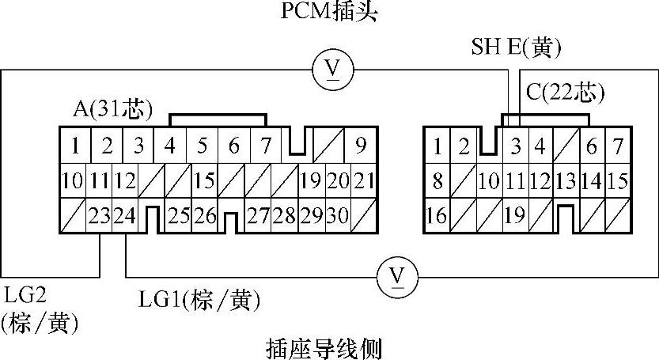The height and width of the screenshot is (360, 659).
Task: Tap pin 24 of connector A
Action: [125, 215]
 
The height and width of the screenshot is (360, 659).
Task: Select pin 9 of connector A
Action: [360, 146]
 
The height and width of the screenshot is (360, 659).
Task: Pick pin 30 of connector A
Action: [339, 215]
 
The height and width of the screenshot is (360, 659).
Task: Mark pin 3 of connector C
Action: [516, 146]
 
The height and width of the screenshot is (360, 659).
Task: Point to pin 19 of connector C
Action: [514, 215]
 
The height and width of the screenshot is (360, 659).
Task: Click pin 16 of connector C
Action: [436, 215]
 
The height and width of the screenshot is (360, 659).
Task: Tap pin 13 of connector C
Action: [566, 181]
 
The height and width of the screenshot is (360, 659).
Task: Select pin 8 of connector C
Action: [437, 181]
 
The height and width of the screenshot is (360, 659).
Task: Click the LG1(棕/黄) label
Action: [199, 300]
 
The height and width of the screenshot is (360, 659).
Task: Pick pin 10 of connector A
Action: [73, 181]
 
